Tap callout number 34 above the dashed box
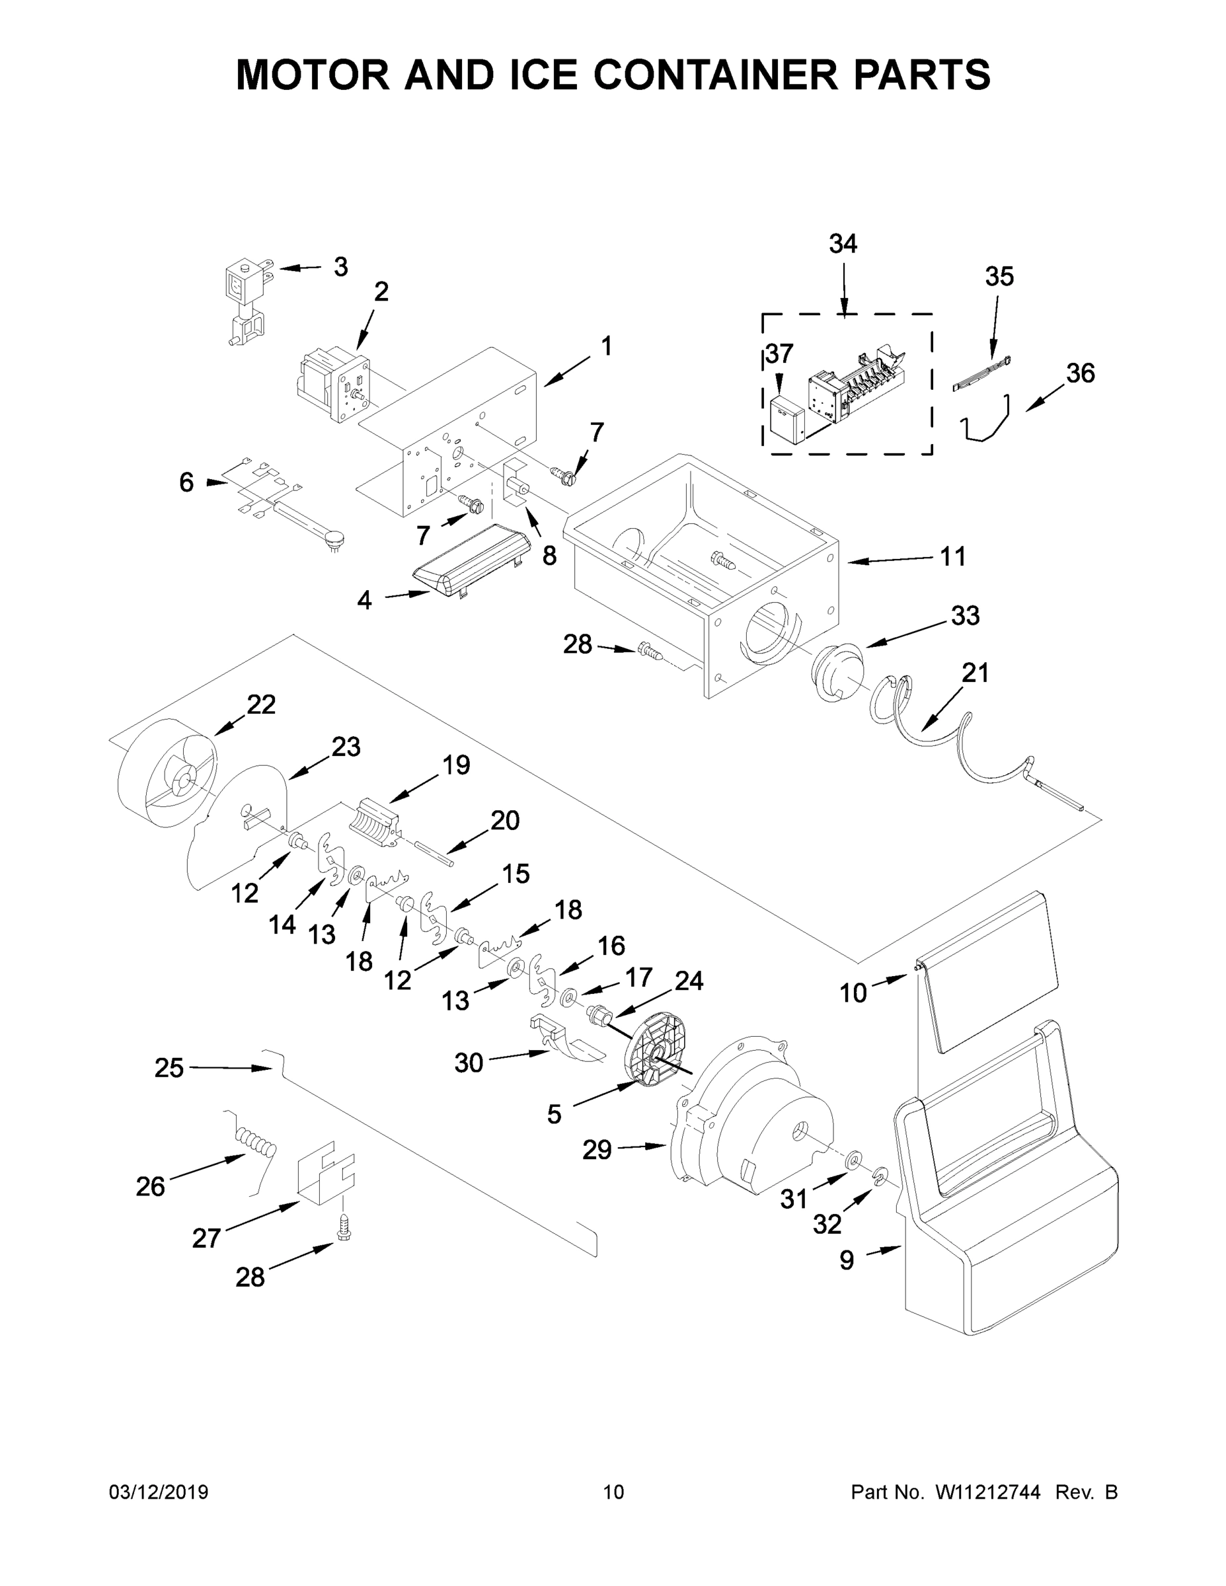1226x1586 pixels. pos(843,245)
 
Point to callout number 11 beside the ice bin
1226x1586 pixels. pos(953,557)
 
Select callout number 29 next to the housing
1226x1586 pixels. pos(597,1150)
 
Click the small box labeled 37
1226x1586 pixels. pos(786,419)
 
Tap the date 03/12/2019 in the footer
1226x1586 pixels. pos(159,1492)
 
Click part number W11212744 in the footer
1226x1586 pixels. pos(988,1492)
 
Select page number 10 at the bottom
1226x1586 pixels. pos(613,1492)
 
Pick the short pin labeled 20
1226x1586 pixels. pos(434,853)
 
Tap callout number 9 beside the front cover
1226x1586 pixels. pos(846,1261)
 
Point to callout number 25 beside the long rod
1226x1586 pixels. pos(169,1067)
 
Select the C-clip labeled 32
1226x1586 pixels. pos(880,1174)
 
